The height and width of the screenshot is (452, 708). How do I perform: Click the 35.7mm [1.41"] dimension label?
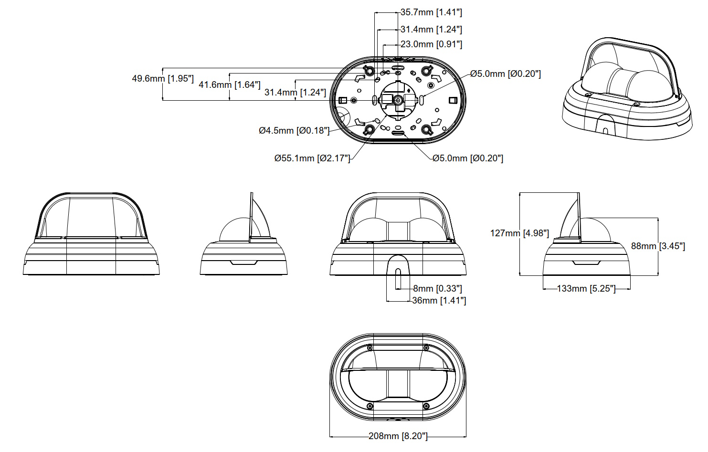click(x=431, y=12)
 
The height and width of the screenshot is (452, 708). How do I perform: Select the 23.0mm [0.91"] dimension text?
click(x=431, y=44)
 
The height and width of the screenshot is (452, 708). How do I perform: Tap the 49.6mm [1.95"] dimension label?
click(x=163, y=78)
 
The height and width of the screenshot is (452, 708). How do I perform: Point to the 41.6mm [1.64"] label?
click(x=230, y=84)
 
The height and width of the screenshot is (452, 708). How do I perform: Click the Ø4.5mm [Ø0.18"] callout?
click(x=294, y=130)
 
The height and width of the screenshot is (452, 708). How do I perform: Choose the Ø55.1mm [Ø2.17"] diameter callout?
click(x=312, y=158)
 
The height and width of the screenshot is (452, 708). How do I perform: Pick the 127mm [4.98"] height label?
click(x=519, y=233)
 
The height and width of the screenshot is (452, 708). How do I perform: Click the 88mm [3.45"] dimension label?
click(x=658, y=246)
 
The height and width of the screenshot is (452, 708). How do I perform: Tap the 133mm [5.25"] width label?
click(x=586, y=289)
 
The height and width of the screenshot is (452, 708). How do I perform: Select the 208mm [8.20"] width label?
click(x=398, y=436)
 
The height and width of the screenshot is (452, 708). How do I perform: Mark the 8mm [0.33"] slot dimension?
click(x=438, y=289)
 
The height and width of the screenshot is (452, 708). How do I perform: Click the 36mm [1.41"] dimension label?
click(x=439, y=300)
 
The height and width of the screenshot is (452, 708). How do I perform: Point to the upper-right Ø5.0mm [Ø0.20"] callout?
click(x=506, y=74)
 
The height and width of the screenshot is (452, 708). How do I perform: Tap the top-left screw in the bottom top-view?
click(x=370, y=348)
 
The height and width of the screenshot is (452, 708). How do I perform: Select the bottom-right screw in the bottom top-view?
click(x=426, y=406)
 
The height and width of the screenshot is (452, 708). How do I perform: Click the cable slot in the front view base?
click(x=398, y=278)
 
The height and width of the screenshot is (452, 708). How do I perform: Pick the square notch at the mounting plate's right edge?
click(x=453, y=101)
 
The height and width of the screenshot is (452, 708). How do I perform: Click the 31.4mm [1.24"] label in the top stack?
click(x=431, y=30)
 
